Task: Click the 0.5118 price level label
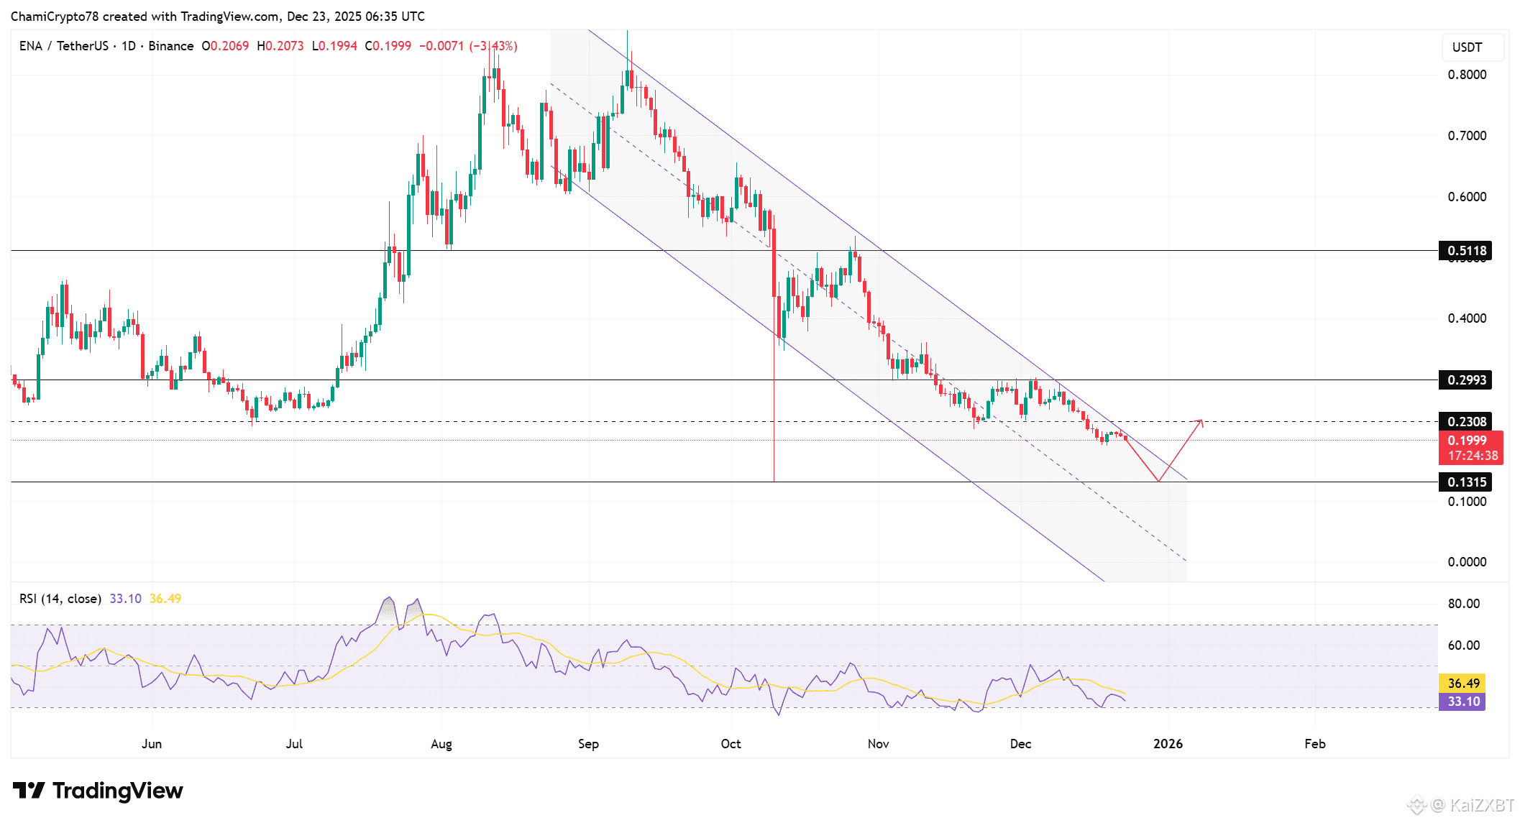[x=1465, y=251]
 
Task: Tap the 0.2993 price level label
[x=1465, y=380]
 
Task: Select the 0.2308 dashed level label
[x=1465, y=422]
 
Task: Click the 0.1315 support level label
[x=1465, y=482]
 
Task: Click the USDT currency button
[x=1467, y=47]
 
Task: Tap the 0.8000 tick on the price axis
[x=1467, y=75]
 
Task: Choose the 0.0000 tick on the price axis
[x=1467, y=562]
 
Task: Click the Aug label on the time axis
[x=441, y=744]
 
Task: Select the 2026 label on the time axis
[x=1168, y=744]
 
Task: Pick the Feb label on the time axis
[x=1315, y=744]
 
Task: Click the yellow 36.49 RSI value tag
[x=1462, y=684]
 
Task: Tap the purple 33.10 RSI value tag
[x=1462, y=702]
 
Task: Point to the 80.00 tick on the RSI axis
[x=1464, y=604]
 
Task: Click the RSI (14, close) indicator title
[x=60, y=599]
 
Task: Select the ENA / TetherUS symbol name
[x=64, y=46]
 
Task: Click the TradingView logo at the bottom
[x=99, y=791]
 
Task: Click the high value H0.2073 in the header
[x=280, y=46]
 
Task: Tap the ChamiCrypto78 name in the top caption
[x=55, y=16]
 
